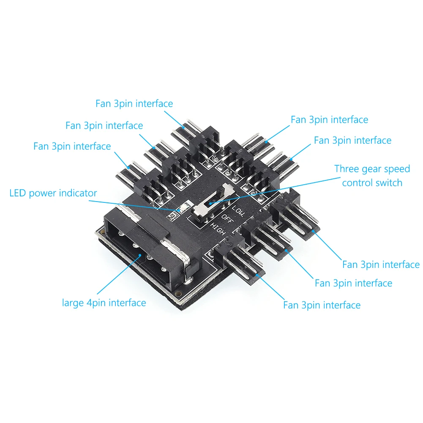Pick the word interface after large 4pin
[x=126, y=303]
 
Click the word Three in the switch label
[x=347, y=169]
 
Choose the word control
[x=358, y=183]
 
